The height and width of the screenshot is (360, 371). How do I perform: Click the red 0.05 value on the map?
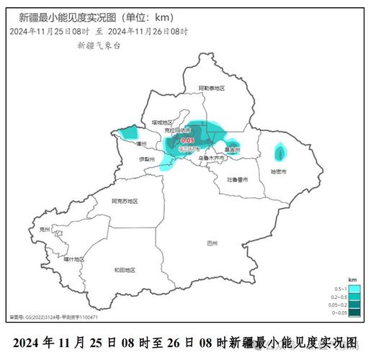tap(187, 140)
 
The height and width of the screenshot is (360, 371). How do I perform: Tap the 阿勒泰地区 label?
tap(212, 88)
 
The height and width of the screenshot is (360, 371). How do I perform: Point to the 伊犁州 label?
tap(147, 158)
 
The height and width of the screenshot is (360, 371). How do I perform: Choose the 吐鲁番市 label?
tap(237, 179)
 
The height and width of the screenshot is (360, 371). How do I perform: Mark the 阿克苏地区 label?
tap(124, 202)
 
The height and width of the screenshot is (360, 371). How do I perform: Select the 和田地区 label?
tap(124, 270)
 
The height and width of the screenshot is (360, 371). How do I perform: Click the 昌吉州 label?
tap(233, 150)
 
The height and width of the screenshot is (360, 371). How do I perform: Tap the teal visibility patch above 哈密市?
tap(280, 152)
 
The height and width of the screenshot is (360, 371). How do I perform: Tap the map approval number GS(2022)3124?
tap(43, 317)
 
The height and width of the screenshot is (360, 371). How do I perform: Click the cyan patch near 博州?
tap(130, 132)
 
